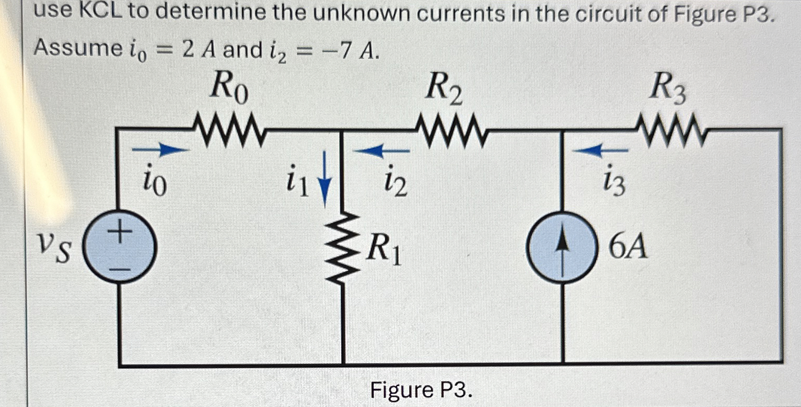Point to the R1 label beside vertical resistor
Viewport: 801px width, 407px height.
384,250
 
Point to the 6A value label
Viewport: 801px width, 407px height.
629,249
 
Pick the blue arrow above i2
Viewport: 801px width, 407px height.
381,151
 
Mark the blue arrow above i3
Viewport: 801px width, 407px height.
601,151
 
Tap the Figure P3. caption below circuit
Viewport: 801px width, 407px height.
421,389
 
